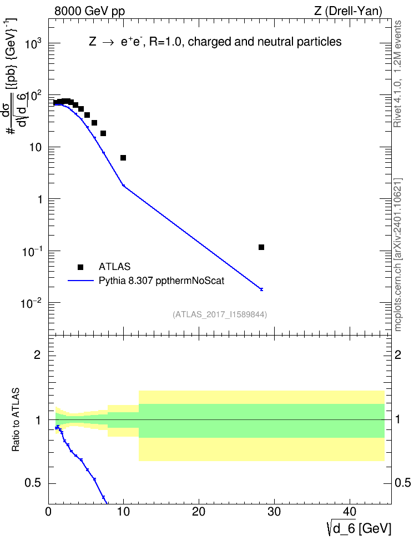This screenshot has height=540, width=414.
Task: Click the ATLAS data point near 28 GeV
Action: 261,247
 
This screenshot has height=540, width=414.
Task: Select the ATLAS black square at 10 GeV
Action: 123,158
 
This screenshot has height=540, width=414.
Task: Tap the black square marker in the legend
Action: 80,267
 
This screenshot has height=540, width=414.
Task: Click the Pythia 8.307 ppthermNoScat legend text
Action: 161,281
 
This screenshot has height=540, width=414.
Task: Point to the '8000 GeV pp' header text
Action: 89,11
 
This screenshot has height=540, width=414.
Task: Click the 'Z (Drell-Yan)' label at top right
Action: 348,11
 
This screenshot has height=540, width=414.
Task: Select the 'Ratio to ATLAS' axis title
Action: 16,419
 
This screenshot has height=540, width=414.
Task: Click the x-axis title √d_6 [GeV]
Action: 359,528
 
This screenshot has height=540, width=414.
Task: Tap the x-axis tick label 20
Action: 199,512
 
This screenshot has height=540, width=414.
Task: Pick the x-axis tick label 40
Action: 350,512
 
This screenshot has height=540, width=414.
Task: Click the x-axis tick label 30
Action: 274,512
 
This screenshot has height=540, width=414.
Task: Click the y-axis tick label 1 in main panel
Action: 39,199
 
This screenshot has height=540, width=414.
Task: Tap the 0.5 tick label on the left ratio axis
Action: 34,483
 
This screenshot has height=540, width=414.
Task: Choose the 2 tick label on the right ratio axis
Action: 398,355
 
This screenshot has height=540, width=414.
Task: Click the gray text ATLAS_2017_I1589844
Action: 220,314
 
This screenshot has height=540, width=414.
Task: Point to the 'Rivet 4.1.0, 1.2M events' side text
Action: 397,74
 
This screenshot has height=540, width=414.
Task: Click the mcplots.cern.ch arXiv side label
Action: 397,255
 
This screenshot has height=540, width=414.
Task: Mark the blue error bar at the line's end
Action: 261,289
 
